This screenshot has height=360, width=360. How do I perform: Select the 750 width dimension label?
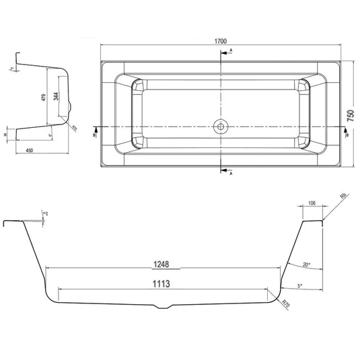pyautogui.click(x=351, y=116)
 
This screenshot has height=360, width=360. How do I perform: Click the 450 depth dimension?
pyautogui.click(x=30, y=151)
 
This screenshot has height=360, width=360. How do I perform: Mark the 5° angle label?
pyautogui.click(x=299, y=286)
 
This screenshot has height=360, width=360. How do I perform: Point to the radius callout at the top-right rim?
pyautogui.click(x=343, y=198)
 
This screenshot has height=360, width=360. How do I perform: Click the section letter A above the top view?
pyautogui.click(x=231, y=51)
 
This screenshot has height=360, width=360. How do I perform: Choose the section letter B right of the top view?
pyautogui.click(x=347, y=135)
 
